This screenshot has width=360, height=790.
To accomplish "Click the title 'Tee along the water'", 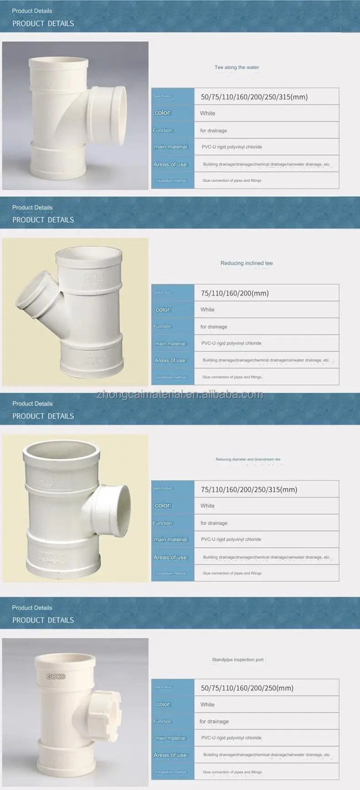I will coord(237,67).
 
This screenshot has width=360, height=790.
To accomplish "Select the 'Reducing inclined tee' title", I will coord(247,263).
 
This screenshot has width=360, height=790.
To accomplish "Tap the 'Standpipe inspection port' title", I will coord(237,660).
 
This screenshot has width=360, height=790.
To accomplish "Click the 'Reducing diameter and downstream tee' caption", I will coord(248,459).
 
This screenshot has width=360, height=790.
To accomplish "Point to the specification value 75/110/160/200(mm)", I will coord(235,293).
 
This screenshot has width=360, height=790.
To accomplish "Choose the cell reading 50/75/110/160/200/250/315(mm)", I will coord(254,97).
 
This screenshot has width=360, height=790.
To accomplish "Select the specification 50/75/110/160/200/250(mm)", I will coord(247,688).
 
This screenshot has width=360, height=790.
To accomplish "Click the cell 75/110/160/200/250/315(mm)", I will coord(249,490).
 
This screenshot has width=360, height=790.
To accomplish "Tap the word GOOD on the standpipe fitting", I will coord(56,677).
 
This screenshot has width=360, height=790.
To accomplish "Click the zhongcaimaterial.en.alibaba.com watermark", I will coord(180,395).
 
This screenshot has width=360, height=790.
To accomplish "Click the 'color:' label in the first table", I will coord(163,113).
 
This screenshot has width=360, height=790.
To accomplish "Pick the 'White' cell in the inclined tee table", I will coord(207,310).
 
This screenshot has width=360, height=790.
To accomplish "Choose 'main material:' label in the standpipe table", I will coord(171,738).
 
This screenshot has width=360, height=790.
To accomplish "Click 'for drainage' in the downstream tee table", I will coord(214,523).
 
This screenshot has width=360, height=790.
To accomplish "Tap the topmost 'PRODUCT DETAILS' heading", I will coord(43,23).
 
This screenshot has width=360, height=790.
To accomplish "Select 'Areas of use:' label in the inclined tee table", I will coord(170,360).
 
